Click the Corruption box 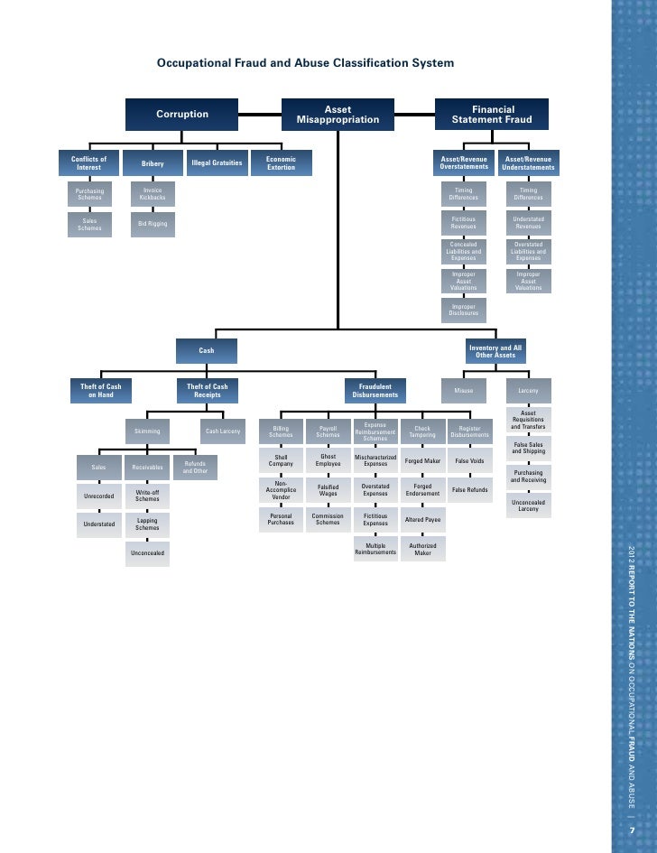click(182, 115)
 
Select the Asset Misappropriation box click(338, 115)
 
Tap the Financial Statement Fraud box click(492, 115)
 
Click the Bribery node click(153, 163)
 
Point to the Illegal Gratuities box click(217, 163)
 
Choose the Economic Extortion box click(281, 163)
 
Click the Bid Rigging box click(153, 224)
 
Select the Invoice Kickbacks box click(153, 194)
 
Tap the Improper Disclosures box click(463, 311)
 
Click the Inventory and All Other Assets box click(495, 351)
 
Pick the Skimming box click(147, 431)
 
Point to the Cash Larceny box click(223, 431)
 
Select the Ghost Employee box click(328, 460)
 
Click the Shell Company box click(281, 460)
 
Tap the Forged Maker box click(422, 461)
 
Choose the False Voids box click(469, 461)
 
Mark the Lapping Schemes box click(147, 524)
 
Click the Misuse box click(464, 391)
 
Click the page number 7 click(632, 830)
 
